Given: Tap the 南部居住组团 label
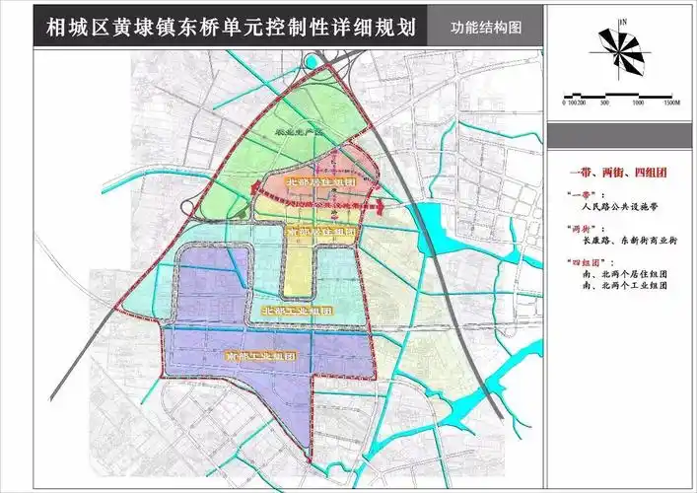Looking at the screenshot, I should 318,231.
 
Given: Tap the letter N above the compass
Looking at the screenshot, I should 623,21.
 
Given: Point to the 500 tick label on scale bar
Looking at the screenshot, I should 603,102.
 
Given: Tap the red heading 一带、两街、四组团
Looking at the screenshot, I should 621,173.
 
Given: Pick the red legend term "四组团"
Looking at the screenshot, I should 587,260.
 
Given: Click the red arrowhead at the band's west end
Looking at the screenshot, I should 251,193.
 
